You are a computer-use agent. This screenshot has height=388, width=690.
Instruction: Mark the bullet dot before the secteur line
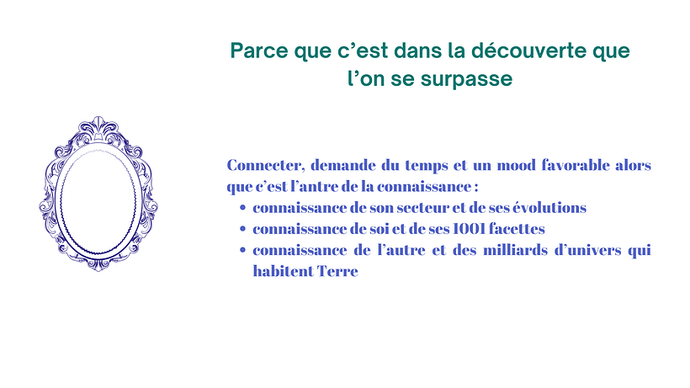242,208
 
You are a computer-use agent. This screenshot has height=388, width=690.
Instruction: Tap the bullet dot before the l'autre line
242,251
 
